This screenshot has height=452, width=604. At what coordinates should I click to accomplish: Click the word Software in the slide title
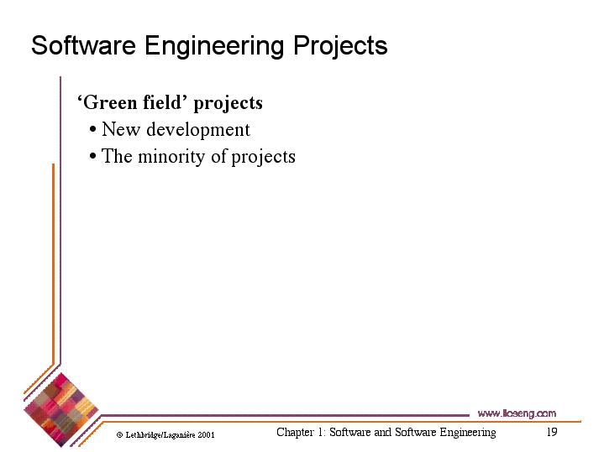[84, 45]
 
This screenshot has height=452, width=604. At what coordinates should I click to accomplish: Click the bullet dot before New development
[92, 130]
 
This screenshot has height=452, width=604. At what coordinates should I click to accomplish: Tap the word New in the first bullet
[121, 129]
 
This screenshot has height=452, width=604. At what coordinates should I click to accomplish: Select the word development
[198, 130]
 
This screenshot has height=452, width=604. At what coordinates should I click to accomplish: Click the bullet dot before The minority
[92, 157]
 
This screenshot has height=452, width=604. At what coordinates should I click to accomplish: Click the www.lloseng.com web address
[517, 413]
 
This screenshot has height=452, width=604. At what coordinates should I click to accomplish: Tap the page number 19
[552, 432]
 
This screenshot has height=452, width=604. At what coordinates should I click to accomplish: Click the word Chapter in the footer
[295, 433]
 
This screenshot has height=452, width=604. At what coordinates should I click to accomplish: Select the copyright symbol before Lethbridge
[120, 435]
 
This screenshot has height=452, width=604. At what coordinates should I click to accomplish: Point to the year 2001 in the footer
[206, 435]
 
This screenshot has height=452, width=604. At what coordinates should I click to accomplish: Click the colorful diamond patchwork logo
[60, 410]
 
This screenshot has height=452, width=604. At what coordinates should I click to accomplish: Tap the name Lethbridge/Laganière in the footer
[160, 435]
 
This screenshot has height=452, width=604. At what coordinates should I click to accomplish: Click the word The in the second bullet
[117, 156]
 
